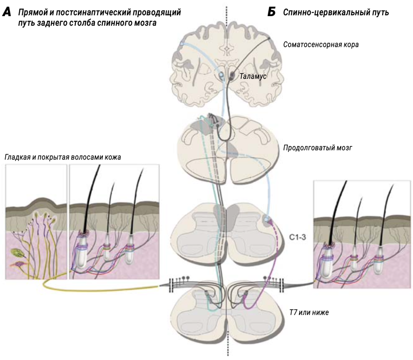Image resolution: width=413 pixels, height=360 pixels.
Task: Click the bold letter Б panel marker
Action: pos(272,13)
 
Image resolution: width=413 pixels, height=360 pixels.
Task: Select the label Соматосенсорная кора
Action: pos(321,45)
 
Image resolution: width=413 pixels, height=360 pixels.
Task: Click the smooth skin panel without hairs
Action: pos(36,228)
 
